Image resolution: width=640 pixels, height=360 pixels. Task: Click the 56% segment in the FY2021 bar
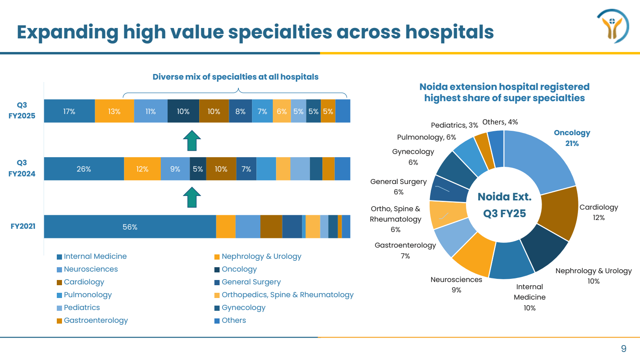click(130, 227)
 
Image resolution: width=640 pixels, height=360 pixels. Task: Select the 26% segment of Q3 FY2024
click(84, 169)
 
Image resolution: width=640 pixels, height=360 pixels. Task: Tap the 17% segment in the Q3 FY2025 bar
click(69, 111)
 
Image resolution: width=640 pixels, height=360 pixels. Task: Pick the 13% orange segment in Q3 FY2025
click(114, 111)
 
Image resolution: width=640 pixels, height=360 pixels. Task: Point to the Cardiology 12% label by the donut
click(598, 212)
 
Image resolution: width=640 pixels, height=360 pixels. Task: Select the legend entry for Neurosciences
click(91, 269)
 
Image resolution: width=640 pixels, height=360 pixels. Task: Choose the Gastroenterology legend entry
click(96, 320)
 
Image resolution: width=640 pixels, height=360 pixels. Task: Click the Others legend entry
click(234, 320)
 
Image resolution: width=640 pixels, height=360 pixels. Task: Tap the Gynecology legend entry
click(243, 308)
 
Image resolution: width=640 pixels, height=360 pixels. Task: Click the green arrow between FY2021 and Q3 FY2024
click(192, 198)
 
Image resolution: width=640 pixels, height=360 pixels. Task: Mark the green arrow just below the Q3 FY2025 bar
click(192, 140)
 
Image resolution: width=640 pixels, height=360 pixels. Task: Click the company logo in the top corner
click(612, 26)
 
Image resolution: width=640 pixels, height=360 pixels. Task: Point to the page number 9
click(623, 349)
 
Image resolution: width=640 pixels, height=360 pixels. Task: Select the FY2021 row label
click(23, 226)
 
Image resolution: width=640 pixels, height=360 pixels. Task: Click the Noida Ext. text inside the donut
click(504, 197)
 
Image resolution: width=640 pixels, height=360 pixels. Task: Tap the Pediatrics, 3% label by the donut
click(454, 125)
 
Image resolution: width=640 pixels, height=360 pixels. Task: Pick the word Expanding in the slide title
click(67, 32)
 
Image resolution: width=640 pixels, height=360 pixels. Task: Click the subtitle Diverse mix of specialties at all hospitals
click(235, 77)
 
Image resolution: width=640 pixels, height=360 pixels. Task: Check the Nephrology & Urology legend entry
click(261, 256)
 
